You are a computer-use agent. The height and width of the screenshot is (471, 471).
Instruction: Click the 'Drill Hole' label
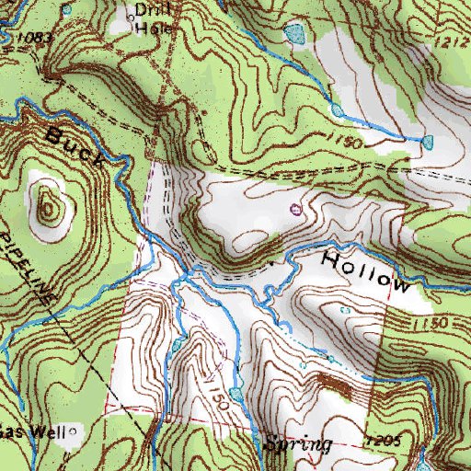[x=148, y=19]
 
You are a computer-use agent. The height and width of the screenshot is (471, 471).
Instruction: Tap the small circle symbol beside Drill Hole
[x=130, y=14]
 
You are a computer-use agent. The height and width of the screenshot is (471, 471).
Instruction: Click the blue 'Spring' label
[x=297, y=443]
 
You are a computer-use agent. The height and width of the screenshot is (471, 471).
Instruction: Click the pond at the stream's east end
[x=428, y=141]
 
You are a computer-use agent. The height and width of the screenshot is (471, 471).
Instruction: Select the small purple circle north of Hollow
[x=295, y=209]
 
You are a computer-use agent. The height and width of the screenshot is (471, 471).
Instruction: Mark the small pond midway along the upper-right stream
[x=338, y=110]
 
